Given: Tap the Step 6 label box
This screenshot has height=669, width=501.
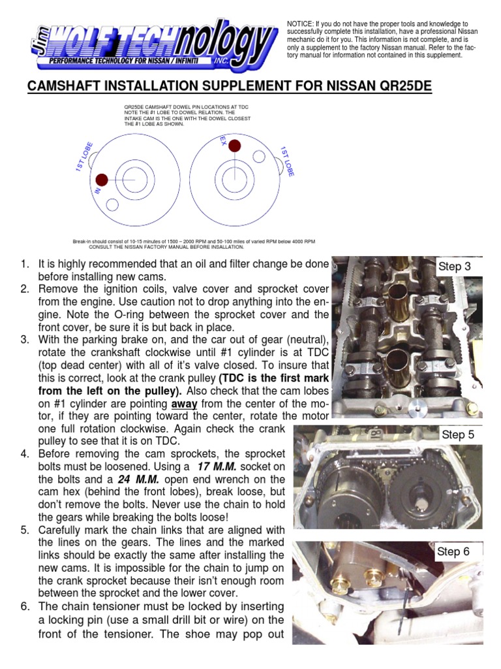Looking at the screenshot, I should point(453,551).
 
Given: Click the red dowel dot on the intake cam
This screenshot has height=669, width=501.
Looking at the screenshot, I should point(101,180).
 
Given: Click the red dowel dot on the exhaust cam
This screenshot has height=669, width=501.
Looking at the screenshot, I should point(234,145).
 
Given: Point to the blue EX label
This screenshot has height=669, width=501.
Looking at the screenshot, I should point(223,140).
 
